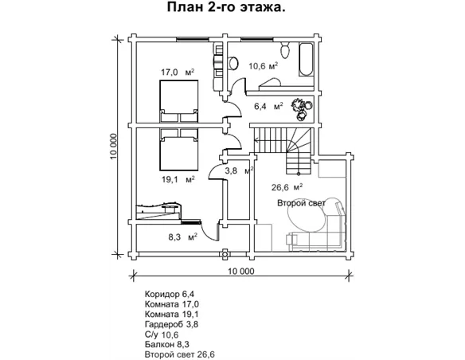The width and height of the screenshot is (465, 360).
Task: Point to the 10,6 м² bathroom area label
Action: pos(262,66)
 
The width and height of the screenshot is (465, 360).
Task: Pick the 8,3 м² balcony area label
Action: pos(182,237)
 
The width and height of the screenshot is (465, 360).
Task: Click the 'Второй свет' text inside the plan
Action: pos(302,204)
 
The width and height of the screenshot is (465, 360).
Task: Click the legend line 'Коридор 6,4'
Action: pos(171,294)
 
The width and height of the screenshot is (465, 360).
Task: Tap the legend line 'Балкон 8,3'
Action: pos(169,345)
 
